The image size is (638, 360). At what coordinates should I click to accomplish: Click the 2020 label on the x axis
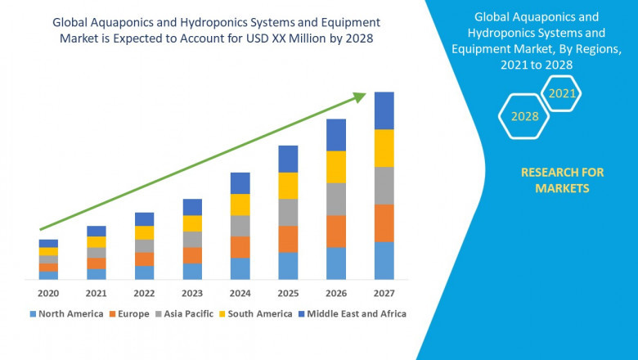point(48,293)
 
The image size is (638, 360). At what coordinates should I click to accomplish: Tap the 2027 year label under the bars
point(384,293)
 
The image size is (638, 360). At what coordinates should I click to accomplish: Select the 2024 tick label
point(240,293)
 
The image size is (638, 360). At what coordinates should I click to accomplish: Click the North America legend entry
point(66,313)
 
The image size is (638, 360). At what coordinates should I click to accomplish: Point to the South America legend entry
point(256,313)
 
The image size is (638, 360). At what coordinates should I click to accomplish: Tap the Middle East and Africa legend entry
point(353,313)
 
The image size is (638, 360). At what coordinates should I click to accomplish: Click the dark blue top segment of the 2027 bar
point(384,110)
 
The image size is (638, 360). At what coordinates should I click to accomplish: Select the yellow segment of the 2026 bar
point(336,167)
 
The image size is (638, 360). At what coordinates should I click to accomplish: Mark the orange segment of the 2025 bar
point(288,239)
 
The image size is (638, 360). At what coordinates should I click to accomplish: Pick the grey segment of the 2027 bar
point(384,186)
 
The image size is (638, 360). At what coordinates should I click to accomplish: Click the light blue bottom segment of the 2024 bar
point(240,269)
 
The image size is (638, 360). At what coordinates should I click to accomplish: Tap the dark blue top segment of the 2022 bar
point(144,219)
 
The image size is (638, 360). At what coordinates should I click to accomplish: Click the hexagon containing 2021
point(562,93)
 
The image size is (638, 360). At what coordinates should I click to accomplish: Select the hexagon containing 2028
point(524,116)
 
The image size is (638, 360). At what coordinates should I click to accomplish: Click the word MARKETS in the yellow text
point(562,188)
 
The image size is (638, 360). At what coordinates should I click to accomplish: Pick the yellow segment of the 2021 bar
point(97,242)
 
